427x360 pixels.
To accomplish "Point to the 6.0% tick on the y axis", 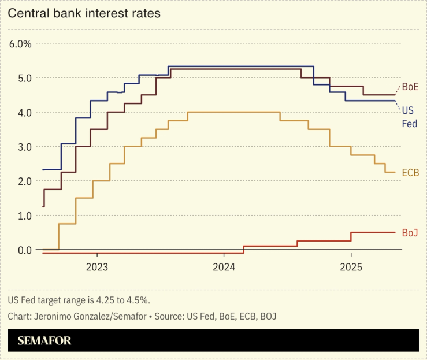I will pos(20,43).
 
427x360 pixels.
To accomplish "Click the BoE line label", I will pos(410,87).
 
